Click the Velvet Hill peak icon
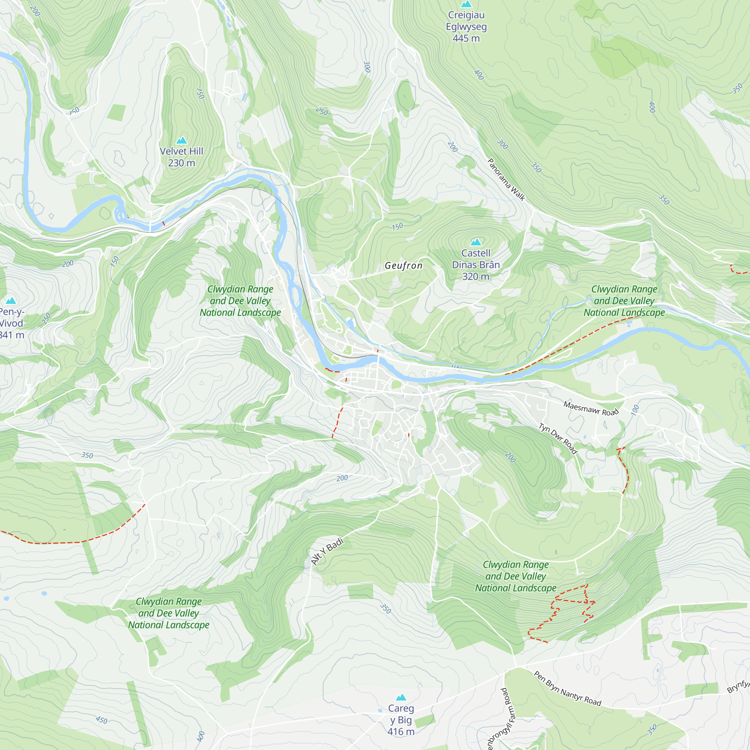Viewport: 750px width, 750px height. (x=181, y=140)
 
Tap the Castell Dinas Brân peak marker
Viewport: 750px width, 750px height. (x=476, y=242)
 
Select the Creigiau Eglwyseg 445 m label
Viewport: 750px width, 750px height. (x=466, y=26)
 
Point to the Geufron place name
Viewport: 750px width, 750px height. (x=403, y=265)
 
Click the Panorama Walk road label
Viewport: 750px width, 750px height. (x=506, y=179)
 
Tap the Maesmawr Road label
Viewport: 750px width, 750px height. (x=591, y=408)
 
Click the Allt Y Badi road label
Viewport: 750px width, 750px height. (x=327, y=552)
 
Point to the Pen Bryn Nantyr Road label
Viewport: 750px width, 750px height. (x=567, y=688)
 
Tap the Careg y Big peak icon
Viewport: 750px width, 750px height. (x=401, y=697)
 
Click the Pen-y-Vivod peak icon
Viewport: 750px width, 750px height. (x=11, y=300)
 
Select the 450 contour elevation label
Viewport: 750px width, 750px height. (x=101, y=720)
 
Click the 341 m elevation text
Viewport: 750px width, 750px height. (x=12, y=335)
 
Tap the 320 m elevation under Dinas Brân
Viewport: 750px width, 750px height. (x=475, y=276)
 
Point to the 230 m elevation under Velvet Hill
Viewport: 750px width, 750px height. (x=181, y=163)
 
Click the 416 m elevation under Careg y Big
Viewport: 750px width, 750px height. (x=401, y=732)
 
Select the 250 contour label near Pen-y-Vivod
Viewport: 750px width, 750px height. (x=46, y=318)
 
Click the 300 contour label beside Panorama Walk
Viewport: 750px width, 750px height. (x=502, y=144)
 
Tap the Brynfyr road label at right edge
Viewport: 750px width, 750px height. (x=738, y=686)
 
